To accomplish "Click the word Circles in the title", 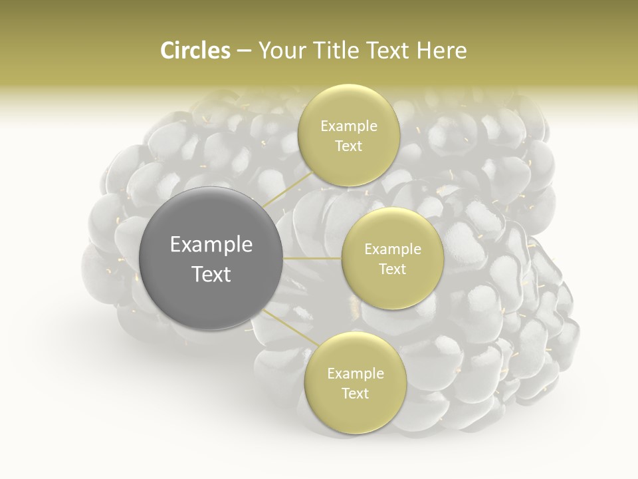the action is click(x=195, y=51).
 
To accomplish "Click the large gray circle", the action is click(x=211, y=258).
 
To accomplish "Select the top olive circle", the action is click(x=349, y=135).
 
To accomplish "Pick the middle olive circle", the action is click(x=393, y=258).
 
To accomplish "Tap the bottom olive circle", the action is click(x=356, y=383).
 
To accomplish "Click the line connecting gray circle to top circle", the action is click(x=288, y=189).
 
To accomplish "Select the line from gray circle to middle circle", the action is click(x=312, y=258).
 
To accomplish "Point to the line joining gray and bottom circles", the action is click(x=291, y=327).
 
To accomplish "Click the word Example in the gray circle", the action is click(x=211, y=245).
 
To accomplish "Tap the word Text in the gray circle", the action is click(x=211, y=274).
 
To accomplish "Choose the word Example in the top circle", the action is click(x=349, y=126).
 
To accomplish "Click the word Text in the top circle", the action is click(x=349, y=146).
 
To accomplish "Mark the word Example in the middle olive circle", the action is click(x=393, y=249).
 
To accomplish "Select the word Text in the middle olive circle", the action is click(x=393, y=269).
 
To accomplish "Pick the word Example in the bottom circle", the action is click(x=356, y=374).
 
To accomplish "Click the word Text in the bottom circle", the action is click(x=356, y=393).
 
